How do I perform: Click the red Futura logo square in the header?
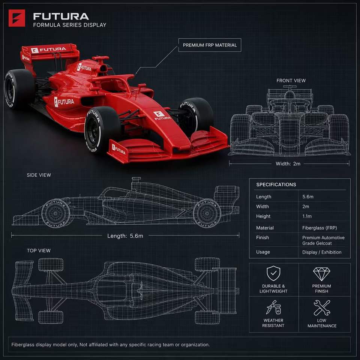17,18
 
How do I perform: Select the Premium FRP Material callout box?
210,45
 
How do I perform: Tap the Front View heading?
291,81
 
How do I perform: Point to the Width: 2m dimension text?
288,164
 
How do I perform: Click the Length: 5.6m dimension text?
125,236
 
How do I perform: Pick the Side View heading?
39,175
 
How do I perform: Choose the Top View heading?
39,250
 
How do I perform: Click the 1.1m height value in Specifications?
307,216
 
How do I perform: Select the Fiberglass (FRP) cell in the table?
319,228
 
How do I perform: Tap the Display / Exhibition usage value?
322,252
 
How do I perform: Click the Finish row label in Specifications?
262,237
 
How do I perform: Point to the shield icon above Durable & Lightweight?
273,273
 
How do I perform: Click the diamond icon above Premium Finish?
321,274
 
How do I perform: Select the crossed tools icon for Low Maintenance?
322,307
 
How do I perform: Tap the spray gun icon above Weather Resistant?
273,307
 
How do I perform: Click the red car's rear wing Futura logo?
48,49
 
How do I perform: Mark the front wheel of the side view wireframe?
55,213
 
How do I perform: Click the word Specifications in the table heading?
276,184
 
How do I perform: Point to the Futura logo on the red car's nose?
162,115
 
